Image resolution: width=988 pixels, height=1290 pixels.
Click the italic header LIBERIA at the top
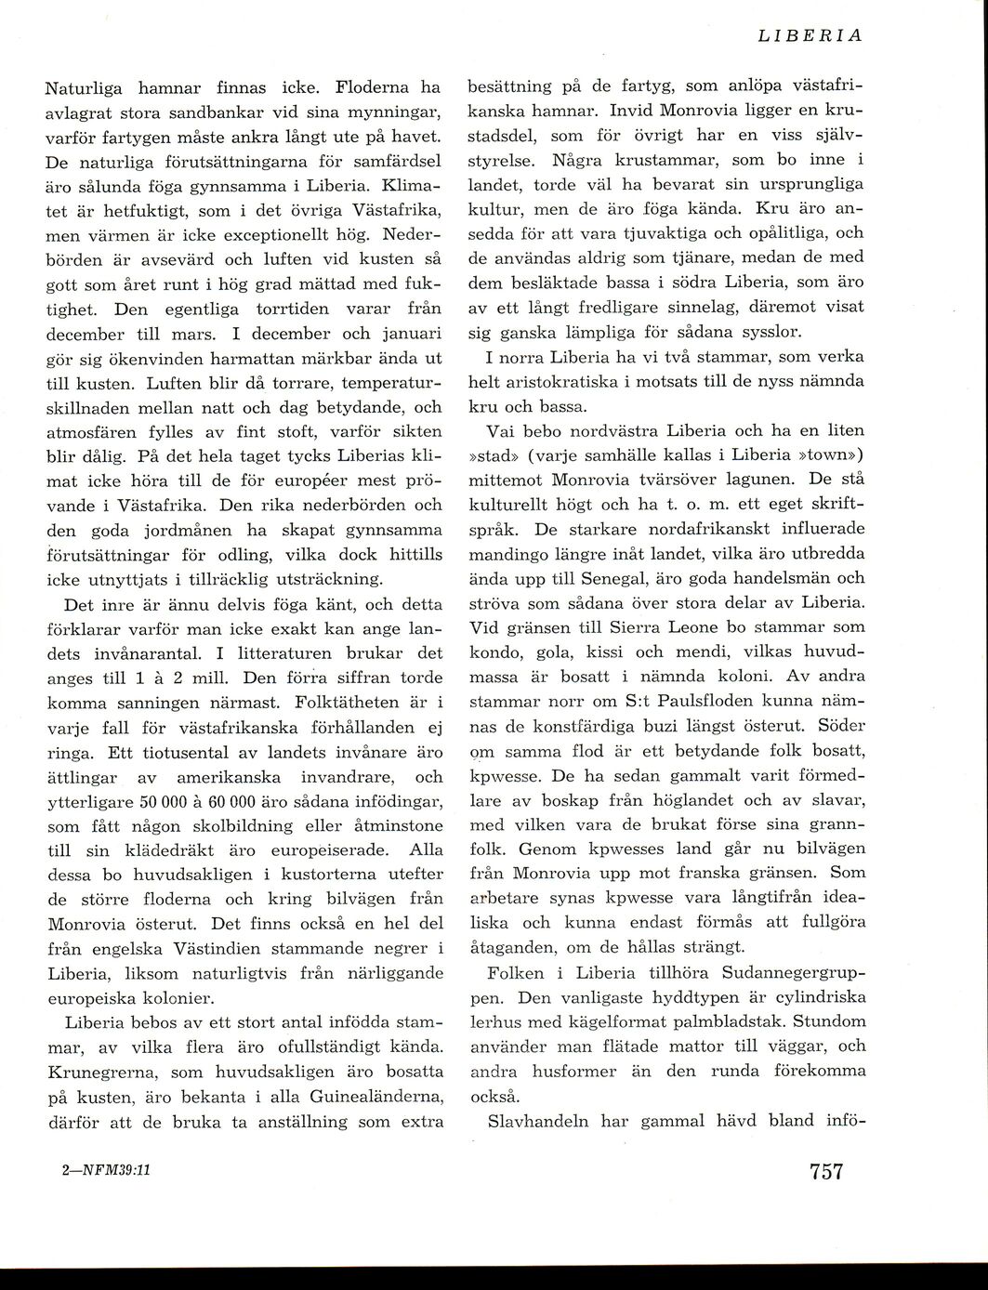click(810, 36)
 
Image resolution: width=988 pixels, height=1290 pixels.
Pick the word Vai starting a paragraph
click(499, 431)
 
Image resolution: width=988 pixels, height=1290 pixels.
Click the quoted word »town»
click(832, 455)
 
